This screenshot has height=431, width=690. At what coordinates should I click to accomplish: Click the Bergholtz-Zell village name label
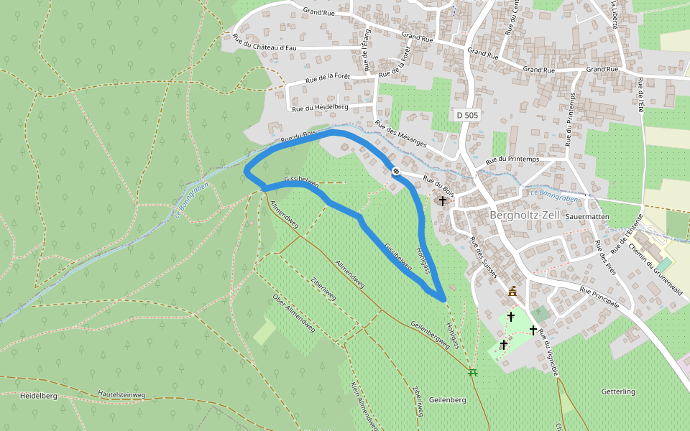[x=524, y=215]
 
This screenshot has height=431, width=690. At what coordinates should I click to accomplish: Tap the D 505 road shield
[x=466, y=115]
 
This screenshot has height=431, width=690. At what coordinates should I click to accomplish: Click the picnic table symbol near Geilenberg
[x=473, y=372]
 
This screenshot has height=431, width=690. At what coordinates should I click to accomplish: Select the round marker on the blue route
[x=395, y=170]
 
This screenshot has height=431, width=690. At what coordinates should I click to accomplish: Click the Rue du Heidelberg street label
[x=320, y=107]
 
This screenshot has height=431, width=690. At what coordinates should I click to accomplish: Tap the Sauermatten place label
[x=587, y=215]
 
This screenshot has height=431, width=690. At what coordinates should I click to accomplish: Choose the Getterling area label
[x=618, y=391]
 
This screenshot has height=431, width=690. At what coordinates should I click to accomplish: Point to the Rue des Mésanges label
[x=401, y=134]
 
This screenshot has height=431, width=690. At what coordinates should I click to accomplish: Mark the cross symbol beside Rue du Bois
[x=443, y=201]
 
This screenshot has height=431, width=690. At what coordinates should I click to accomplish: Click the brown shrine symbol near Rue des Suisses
[x=512, y=292]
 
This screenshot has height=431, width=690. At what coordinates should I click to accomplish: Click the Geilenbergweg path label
[x=431, y=335]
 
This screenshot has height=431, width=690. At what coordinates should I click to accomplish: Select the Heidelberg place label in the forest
[x=39, y=396]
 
